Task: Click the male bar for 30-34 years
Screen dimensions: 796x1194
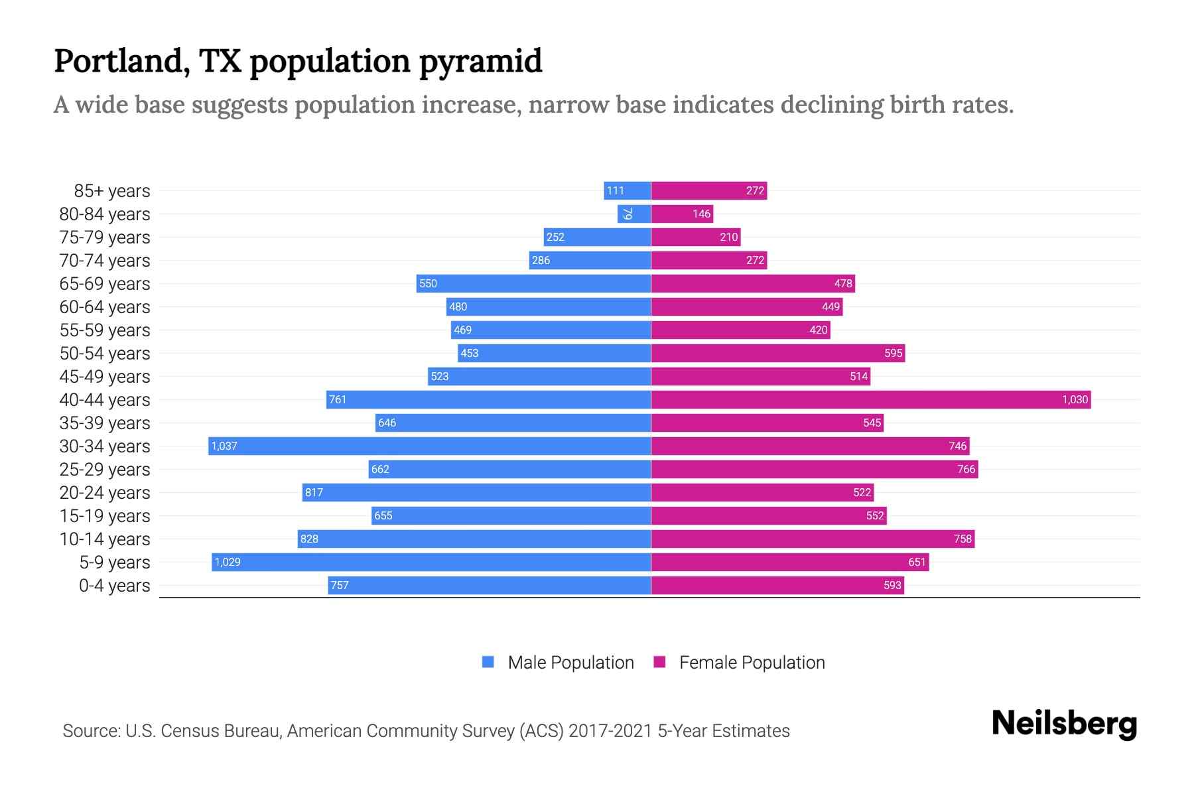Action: (x=429, y=446)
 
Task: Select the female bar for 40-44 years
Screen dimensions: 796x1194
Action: (x=870, y=399)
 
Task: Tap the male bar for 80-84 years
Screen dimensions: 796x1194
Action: (x=634, y=214)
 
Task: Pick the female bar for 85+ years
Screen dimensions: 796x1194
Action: (x=708, y=190)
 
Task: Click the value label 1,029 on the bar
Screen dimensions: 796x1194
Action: (x=228, y=562)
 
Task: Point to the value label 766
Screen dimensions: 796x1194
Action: (x=966, y=469)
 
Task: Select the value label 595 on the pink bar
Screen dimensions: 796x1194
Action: (x=893, y=353)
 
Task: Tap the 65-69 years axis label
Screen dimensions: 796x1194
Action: (x=105, y=284)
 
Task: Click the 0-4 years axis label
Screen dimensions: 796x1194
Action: (x=114, y=586)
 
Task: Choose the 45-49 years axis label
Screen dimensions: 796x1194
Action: (x=105, y=377)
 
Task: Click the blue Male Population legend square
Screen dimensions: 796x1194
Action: (x=488, y=662)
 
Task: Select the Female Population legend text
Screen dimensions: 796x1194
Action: (x=752, y=663)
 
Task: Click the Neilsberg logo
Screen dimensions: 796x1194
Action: (x=1064, y=724)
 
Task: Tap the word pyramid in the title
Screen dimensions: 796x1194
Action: (x=481, y=61)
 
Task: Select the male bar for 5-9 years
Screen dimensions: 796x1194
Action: (x=431, y=562)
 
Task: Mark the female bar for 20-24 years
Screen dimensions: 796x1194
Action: (x=762, y=492)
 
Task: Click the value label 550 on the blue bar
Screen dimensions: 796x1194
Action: (x=428, y=283)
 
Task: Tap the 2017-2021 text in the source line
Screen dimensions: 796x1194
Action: (x=610, y=731)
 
